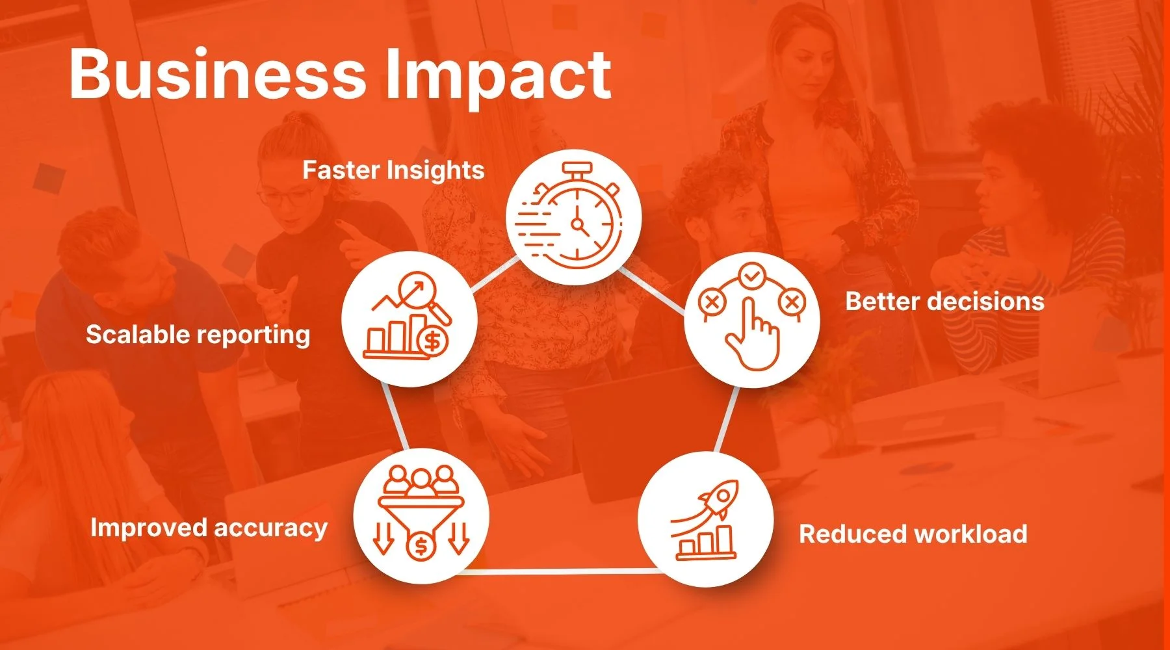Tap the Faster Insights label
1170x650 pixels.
tap(393, 171)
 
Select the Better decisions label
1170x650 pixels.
tap(944, 302)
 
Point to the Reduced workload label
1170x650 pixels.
tap(913, 534)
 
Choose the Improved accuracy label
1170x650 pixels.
tap(209, 528)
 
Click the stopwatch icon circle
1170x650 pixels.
tap(573, 217)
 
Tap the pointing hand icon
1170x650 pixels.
tap(752, 334)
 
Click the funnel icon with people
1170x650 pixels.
tap(421, 513)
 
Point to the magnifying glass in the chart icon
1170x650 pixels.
tap(422, 296)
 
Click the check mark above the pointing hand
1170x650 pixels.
tap(751, 277)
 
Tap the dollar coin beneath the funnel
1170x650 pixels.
tap(421, 546)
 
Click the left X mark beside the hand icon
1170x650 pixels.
tap(711, 302)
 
